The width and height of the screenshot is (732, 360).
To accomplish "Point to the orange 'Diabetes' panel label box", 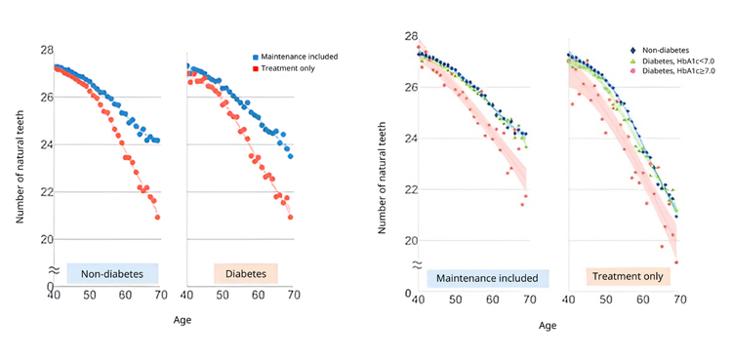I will (x=246, y=274).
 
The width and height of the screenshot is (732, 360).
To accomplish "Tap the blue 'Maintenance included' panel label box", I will (x=487, y=278).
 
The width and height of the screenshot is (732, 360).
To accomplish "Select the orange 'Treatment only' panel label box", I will (x=626, y=278).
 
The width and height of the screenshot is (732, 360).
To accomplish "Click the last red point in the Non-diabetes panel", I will (x=157, y=217).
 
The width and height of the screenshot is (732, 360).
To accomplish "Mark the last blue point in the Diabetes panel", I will (x=290, y=156).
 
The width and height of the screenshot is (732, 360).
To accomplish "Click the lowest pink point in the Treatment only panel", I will (x=675, y=262).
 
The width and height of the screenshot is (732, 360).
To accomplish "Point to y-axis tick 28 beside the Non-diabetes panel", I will (x=46, y=50).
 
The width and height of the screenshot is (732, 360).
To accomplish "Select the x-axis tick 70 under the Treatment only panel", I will (x=677, y=299).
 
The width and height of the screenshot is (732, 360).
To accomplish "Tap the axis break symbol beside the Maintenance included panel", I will (x=417, y=265).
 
